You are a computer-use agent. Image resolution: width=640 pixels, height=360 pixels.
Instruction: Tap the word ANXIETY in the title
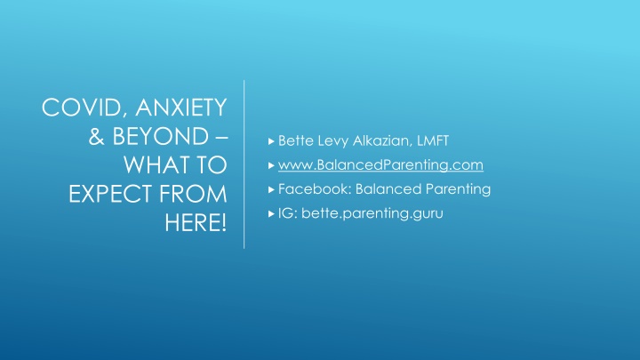[180, 107]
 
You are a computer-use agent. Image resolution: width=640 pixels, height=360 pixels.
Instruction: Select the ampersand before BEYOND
[96, 136]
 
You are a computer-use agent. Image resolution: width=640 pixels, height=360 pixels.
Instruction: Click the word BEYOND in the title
[160, 136]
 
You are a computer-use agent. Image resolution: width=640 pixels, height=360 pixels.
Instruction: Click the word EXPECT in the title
[110, 194]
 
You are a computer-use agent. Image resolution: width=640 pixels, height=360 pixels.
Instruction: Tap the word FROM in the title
[193, 194]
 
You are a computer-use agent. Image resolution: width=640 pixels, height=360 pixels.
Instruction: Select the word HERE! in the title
[196, 222]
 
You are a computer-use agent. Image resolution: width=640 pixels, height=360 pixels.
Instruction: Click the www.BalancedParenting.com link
[380, 165]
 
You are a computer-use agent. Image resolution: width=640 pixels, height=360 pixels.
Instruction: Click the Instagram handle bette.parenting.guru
[372, 213]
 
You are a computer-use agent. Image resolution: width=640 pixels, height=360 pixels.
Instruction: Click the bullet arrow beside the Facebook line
[271, 189]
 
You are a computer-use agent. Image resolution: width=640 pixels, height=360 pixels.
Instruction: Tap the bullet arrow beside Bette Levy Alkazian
[271, 141]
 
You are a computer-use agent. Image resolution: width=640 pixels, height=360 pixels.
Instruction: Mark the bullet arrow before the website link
[271, 165]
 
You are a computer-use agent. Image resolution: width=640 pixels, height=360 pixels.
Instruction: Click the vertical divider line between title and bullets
[244, 164]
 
